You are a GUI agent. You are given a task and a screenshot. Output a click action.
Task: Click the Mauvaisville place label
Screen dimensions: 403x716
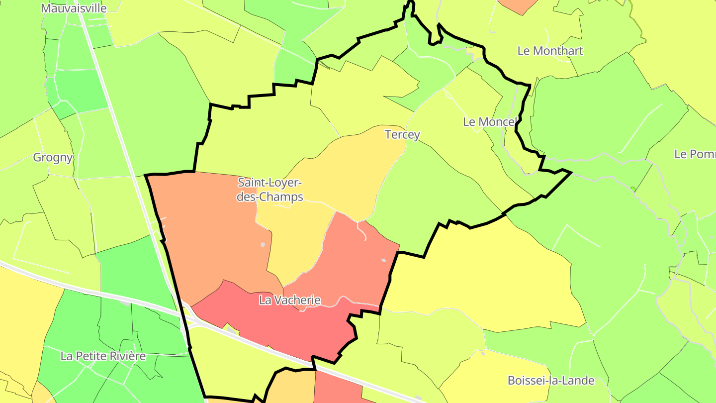tap(74, 8)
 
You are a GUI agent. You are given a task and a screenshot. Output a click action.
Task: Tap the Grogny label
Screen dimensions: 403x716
tap(53, 158)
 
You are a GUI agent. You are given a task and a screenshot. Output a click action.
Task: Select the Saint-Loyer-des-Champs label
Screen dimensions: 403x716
tap(270, 190)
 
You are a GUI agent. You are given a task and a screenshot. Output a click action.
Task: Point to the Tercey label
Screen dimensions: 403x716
tap(402, 134)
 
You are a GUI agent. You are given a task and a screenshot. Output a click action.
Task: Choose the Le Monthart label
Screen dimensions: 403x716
tap(550, 51)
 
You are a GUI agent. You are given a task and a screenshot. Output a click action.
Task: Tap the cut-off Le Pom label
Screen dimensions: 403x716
tap(695, 154)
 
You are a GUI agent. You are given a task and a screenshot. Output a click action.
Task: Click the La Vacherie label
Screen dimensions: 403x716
tap(290, 301)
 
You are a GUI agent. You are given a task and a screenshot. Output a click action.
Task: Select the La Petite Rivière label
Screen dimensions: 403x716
tap(103, 356)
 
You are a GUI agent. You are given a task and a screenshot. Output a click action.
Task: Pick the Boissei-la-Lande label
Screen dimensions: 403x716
tap(551, 381)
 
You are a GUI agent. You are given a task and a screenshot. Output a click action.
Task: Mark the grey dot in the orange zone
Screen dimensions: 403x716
tap(263, 244)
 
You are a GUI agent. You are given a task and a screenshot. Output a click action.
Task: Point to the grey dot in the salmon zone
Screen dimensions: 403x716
tap(383, 260)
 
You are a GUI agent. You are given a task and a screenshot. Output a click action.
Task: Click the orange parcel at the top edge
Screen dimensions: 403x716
tap(517, 5)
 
